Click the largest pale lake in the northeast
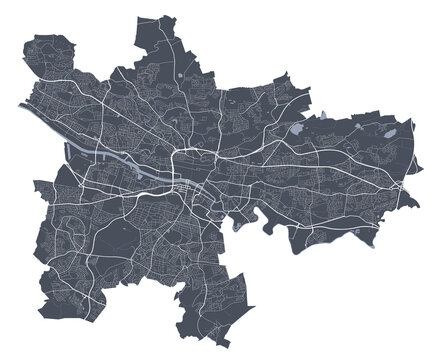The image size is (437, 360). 299,129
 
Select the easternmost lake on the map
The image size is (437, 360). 393,131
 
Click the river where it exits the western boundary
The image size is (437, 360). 22,104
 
